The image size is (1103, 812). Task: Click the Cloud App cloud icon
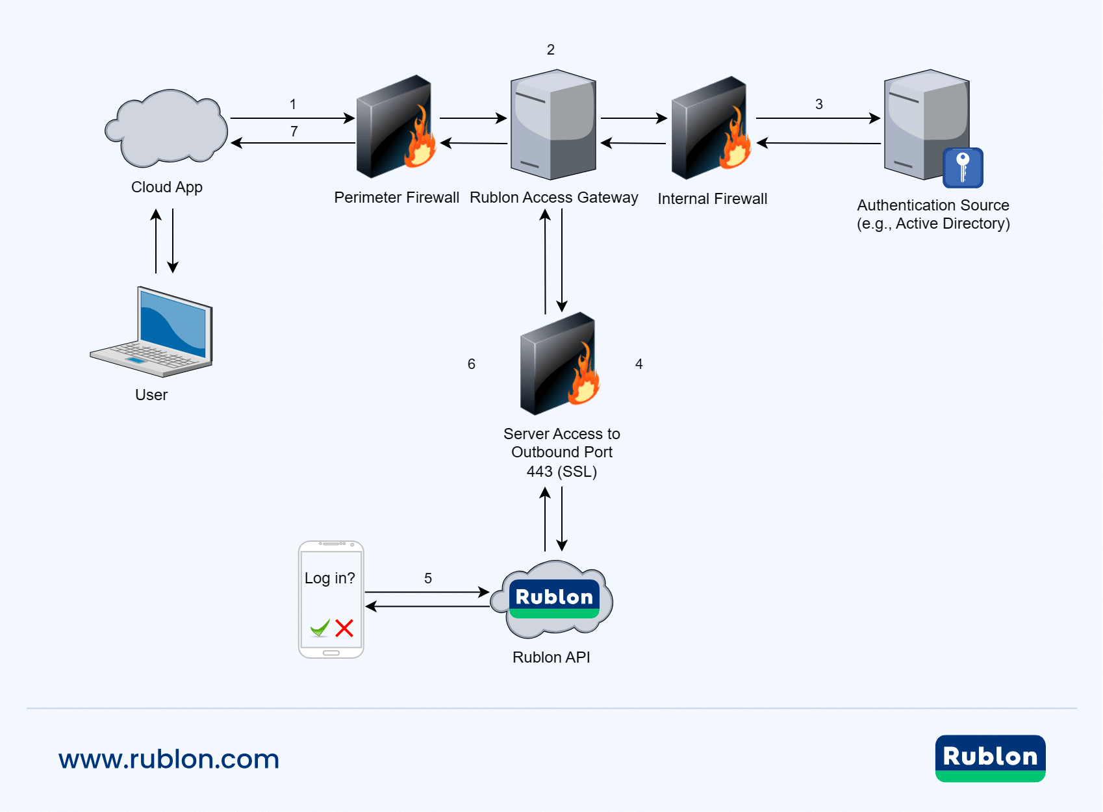coord(167,129)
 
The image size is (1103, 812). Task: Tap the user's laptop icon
coord(153,333)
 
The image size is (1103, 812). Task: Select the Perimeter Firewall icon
coord(395,127)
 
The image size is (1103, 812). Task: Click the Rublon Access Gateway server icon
coord(553,125)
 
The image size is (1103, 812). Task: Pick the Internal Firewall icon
coord(711,128)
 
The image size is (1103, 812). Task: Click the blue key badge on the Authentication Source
coord(963,168)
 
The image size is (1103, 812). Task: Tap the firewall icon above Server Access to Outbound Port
coord(559,364)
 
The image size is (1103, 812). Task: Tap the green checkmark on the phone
coord(320,628)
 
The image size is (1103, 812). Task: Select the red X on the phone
coord(344,628)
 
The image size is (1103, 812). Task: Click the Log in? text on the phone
coord(330,578)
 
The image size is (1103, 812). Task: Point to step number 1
coord(293,105)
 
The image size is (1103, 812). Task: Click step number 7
coord(294,132)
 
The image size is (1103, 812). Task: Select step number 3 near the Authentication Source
coord(819,105)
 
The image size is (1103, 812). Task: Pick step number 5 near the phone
coord(428,579)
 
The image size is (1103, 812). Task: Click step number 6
coord(472,364)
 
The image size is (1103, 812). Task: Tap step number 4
coord(639,364)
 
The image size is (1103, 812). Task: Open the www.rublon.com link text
coord(169,759)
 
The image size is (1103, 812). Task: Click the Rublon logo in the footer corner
coord(990,758)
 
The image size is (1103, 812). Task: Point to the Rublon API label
coord(551,657)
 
